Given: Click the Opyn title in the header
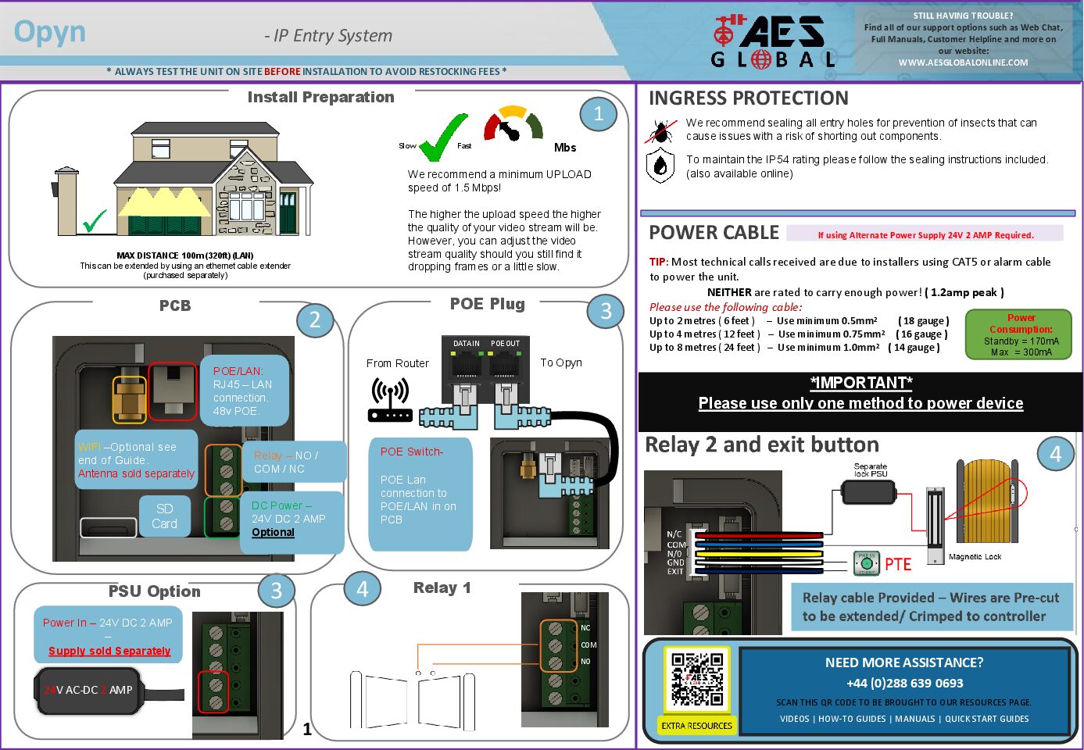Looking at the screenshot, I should pos(50,32).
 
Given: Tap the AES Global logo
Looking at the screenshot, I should pos(773,41).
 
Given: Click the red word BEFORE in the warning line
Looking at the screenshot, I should pos(282,72).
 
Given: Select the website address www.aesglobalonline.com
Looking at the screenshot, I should pos(963,62).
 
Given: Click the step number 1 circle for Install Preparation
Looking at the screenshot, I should pos(599,114).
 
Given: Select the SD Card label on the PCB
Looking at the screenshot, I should pos(164,516).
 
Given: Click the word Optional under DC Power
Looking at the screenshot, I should pos(273,532).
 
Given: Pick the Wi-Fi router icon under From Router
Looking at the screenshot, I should pos(390,400).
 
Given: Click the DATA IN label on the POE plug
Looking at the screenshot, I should pos(467,344).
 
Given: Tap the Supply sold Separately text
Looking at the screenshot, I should pos(109,651).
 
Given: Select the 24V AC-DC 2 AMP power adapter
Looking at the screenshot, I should pos(89,690).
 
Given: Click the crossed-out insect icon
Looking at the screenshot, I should pos(661,131).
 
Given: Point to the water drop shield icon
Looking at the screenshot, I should pos(660,166).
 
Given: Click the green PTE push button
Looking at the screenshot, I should pos(866,562).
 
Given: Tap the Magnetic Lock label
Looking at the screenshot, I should pos(975,557).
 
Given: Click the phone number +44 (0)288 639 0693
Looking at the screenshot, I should pos(904,683).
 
